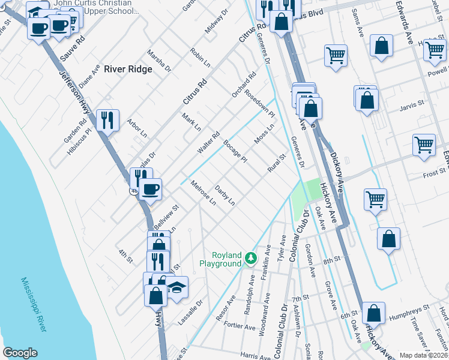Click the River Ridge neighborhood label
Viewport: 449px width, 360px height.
[128, 69]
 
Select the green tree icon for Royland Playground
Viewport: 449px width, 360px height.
[250, 258]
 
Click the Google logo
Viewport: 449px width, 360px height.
[20, 353]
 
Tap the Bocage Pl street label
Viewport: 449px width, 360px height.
[235, 151]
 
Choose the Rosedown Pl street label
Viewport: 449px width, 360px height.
[259, 105]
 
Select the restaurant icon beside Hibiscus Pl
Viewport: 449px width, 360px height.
[107, 119]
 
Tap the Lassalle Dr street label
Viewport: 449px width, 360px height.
[191, 312]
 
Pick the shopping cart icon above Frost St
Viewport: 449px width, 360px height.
[424, 145]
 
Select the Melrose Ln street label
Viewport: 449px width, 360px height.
[203, 192]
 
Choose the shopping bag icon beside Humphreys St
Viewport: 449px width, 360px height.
[373, 313]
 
